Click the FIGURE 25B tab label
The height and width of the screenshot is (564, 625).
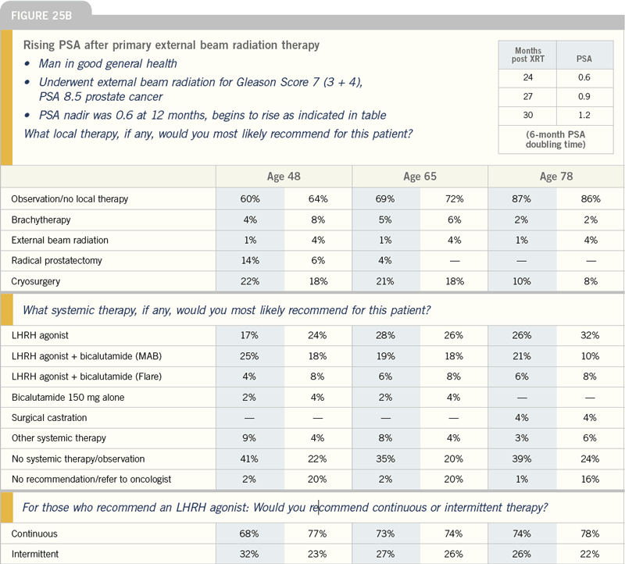point(41,16)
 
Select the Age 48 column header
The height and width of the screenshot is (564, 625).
point(284,177)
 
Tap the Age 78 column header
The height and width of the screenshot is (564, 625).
point(556,177)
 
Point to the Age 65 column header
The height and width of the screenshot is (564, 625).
point(420,177)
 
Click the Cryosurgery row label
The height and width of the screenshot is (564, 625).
point(35,281)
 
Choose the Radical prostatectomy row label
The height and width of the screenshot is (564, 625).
point(56,261)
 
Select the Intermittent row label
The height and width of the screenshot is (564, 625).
point(35,554)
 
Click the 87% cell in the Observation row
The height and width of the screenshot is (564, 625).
point(521,199)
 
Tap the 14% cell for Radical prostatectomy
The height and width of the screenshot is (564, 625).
point(250,261)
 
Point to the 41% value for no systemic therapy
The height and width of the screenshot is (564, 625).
point(249,459)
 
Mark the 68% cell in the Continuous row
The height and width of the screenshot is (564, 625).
point(249,534)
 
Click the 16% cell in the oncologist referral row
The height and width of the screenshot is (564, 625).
point(590,479)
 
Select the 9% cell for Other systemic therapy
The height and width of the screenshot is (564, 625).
point(249,438)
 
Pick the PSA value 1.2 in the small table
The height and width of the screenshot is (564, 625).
point(584,115)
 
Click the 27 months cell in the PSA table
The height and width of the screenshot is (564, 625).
point(528,96)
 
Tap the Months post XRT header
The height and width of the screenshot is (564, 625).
point(528,55)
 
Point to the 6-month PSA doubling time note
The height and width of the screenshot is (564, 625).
point(555,139)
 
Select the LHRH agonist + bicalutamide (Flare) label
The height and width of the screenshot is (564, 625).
point(87,377)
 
